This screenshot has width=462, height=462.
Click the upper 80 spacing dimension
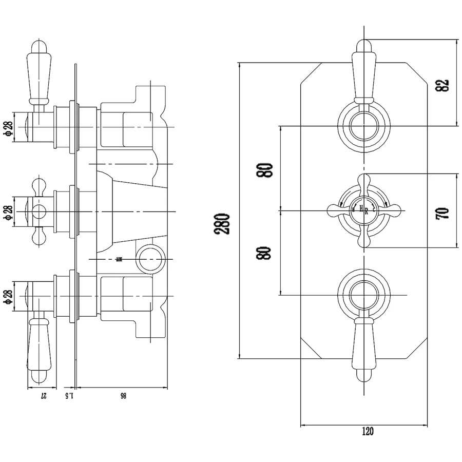(x=265, y=169)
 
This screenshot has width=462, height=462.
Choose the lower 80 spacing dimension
(x=265, y=253)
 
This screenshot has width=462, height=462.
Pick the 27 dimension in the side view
(x=44, y=395)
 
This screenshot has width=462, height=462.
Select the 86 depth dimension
(x=123, y=395)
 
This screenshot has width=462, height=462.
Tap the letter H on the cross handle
(x=361, y=208)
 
